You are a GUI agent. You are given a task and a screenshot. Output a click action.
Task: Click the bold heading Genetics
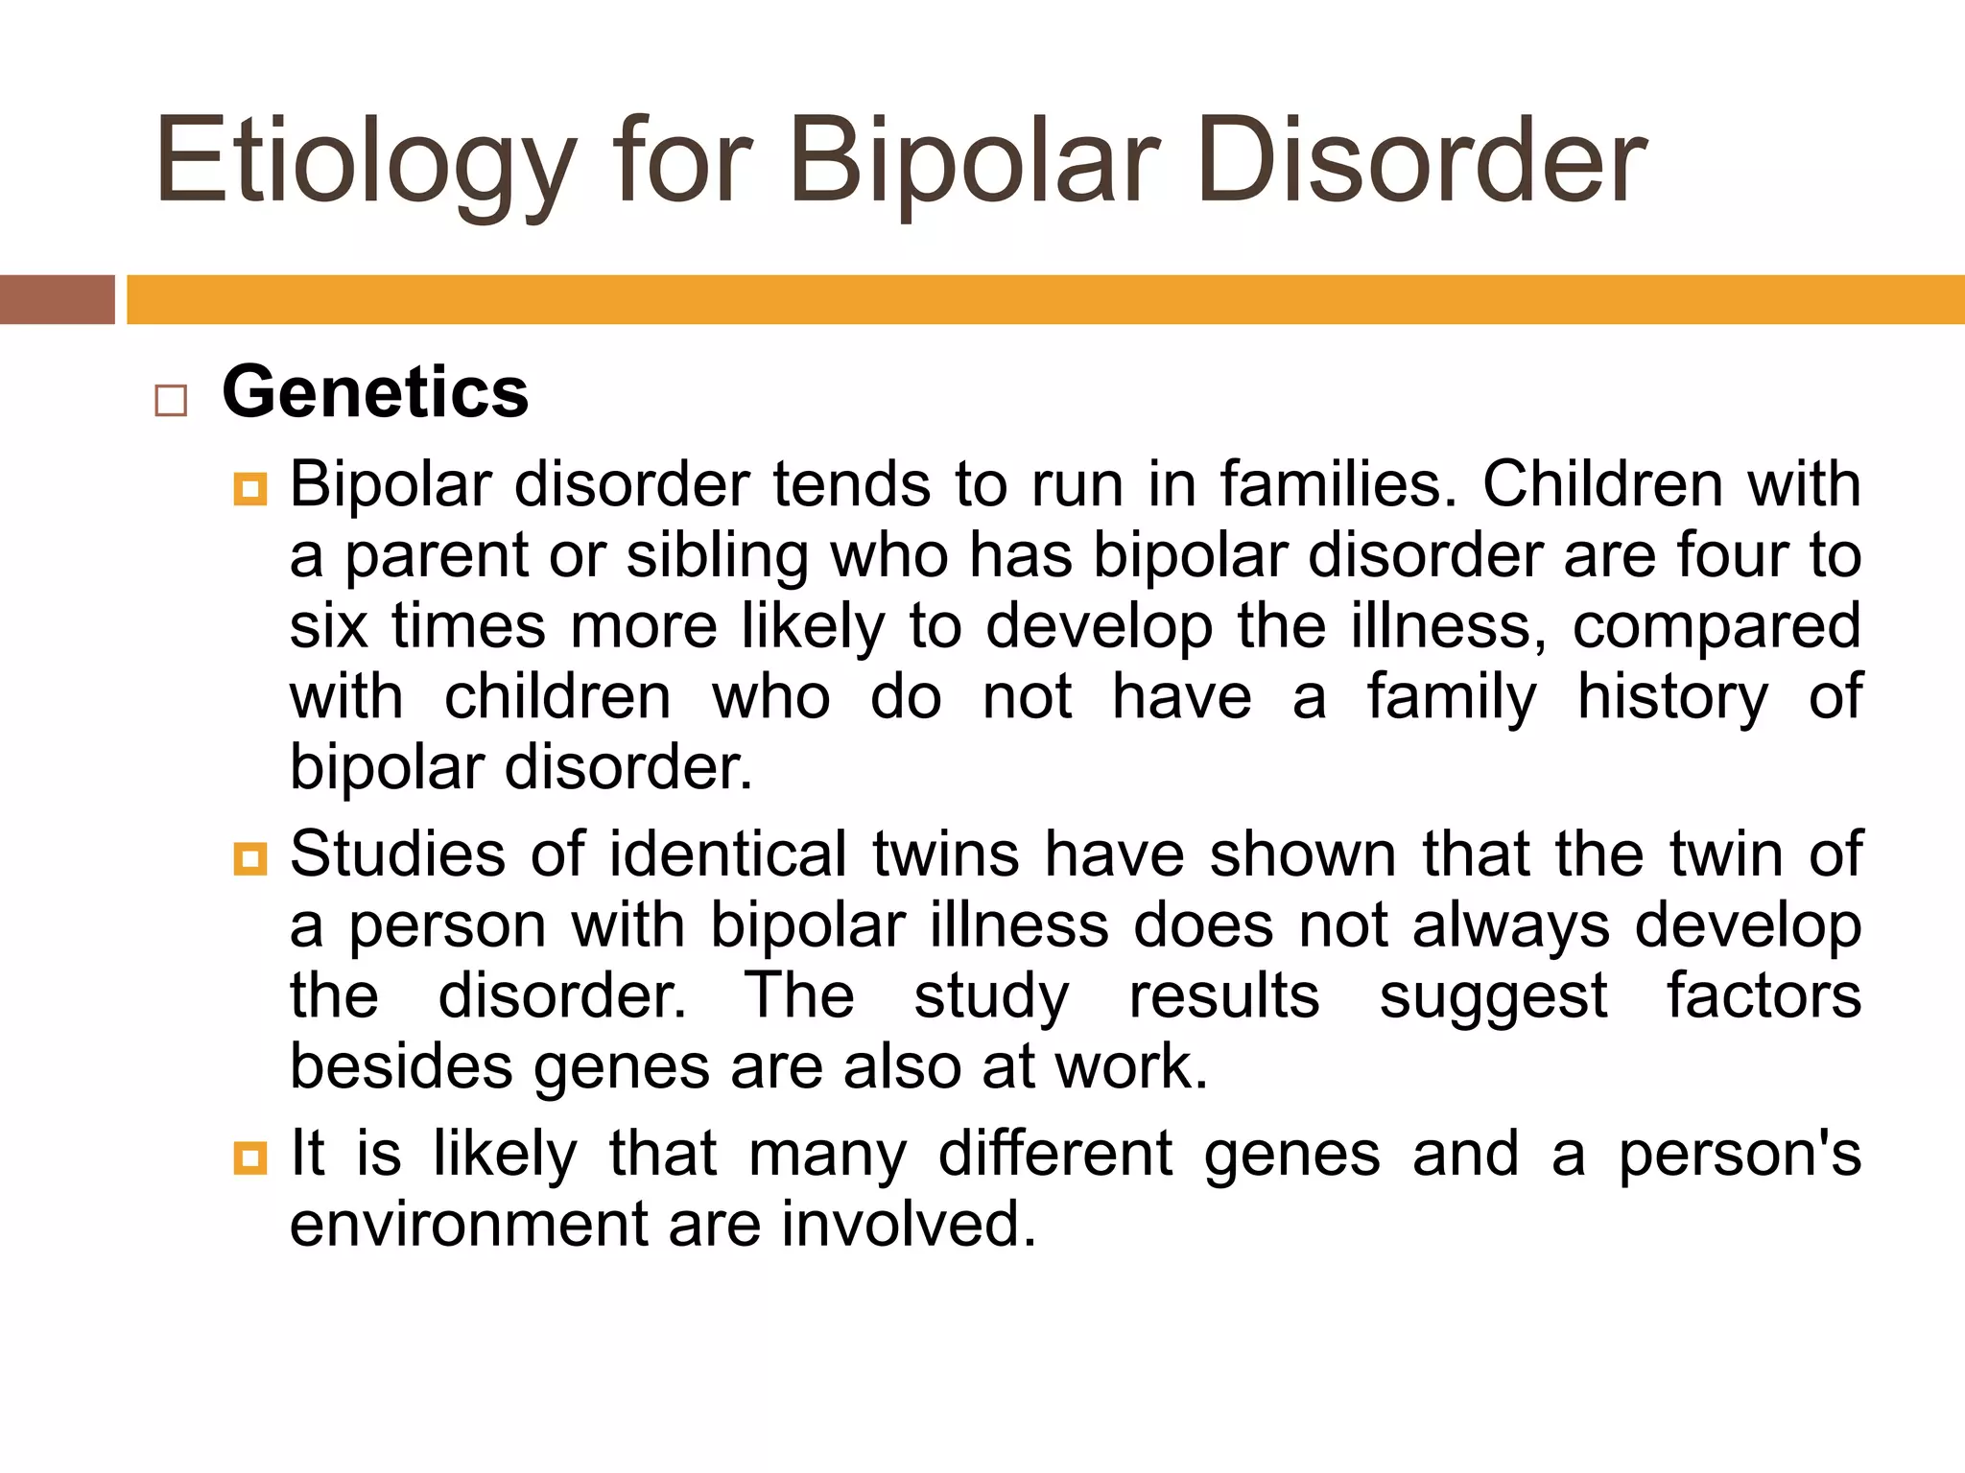pos(375,392)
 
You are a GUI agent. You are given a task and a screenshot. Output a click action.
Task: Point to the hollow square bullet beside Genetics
pos(171,400)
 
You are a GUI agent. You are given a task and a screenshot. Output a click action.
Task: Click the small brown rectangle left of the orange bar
pos(57,299)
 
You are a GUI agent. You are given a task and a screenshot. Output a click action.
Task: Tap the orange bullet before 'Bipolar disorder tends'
pos(249,489)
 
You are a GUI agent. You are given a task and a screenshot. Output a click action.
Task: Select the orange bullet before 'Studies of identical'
pos(249,858)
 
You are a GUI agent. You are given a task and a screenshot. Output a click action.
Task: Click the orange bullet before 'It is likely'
pos(249,1157)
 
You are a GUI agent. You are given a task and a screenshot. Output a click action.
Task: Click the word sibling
pos(717,556)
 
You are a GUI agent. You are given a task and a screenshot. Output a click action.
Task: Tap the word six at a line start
pos(328,626)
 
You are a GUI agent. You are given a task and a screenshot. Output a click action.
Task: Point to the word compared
pos(1716,626)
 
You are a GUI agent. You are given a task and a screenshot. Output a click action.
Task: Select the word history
pos(1672,697)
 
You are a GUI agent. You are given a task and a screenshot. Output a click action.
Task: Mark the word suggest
pos(1493,997)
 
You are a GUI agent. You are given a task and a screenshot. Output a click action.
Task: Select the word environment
pos(469,1225)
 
